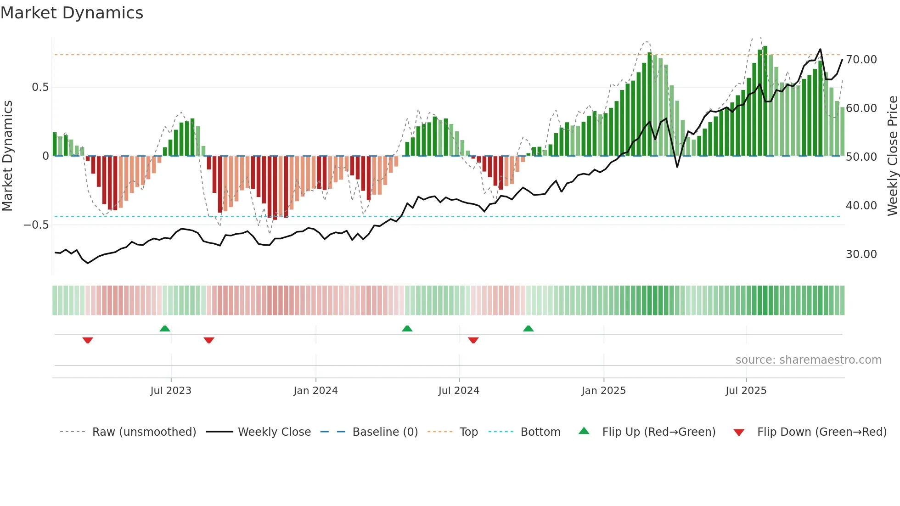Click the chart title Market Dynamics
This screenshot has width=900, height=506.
(72, 13)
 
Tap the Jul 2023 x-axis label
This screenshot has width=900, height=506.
(171, 391)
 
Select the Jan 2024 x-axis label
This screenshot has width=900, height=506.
(315, 391)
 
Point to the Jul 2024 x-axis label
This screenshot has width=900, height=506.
(459, 391)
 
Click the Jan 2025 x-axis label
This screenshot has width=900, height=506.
(603, 391)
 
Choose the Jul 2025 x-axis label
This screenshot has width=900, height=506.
(746, 391)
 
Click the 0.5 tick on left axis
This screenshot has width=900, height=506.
(40, 87)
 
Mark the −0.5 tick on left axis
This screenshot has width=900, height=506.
(36, 225)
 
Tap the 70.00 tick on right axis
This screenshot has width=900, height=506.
(861, 60)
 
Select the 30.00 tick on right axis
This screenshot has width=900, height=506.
(861, 254)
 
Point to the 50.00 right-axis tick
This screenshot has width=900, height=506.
(861, 157)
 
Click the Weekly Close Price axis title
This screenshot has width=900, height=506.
(892, 156)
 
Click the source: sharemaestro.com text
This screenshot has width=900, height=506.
(808, 360)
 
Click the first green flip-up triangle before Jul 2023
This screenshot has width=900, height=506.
(165, 328)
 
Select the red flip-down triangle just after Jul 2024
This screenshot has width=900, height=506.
(473, 340)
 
